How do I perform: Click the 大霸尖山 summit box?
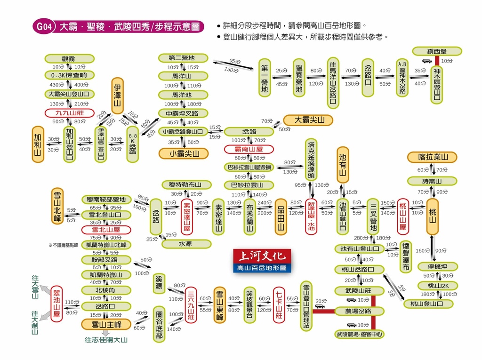(308, 120)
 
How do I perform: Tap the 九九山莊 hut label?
(69, 113)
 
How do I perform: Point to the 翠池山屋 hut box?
(56, 304)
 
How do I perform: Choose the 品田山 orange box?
(281, 216)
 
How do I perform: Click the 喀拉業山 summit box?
(433, 157)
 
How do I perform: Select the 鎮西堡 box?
(437, 51)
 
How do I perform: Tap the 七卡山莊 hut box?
(279, 304)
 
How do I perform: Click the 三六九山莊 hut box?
(191, 305)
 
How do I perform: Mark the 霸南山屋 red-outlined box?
(249, 149)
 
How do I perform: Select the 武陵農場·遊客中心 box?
(360, 335)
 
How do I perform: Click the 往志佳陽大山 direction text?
(106, 339)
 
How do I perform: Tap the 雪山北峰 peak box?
(58, 206)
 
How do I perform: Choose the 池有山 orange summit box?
(343, 165)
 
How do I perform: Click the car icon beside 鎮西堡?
(426, 61)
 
